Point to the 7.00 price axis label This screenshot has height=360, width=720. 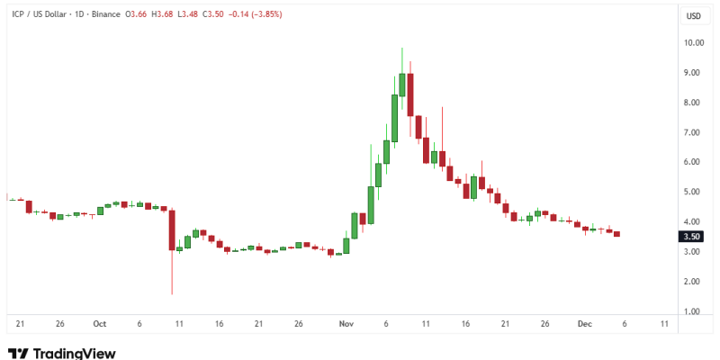point(692,132)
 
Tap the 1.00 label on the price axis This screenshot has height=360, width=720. point(692,311)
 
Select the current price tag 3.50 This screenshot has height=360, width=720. point(692,237)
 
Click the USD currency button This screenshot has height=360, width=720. point(694,16)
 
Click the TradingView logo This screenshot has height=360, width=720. point(61,353)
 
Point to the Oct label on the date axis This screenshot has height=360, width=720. point(99,323)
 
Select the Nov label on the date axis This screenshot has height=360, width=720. point(346,323)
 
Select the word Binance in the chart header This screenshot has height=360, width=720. point(107,15)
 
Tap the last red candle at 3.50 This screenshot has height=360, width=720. point(616,234)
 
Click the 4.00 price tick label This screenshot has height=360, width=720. point(692,221)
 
